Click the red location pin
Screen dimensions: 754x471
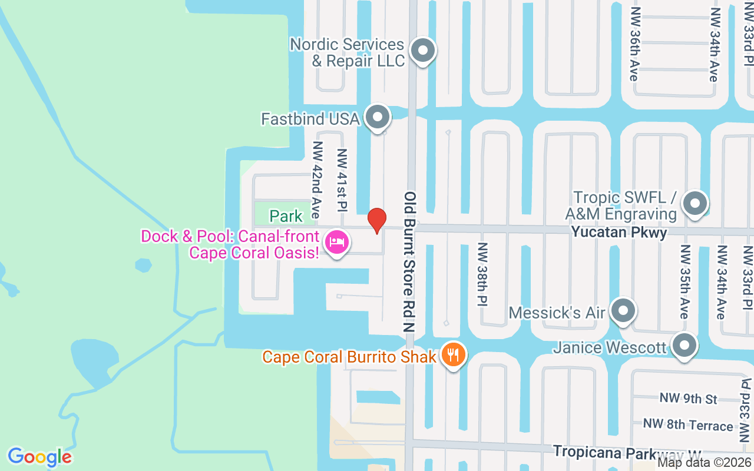[x=377, y=220]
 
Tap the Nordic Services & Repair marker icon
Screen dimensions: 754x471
[x=422, y=51]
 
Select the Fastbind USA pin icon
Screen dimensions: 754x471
[x=378, y=118]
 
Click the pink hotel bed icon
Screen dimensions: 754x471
[x=337, y=241]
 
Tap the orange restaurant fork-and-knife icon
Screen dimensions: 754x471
[x=452, y=355]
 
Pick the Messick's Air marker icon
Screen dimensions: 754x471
[x=623, y=311]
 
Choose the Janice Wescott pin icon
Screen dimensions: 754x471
[x=684, y=346]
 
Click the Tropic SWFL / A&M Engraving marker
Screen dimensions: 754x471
[x=695, y=204]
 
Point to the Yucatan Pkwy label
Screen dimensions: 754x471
[x=619, y=233]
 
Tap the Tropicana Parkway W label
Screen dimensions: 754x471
[x=628, y=452]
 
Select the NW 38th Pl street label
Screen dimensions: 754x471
[x=483, y=274]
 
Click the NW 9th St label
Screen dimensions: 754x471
[x=689, y=399]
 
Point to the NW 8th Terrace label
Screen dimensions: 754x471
[x=688, y=424]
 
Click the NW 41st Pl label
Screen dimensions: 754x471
[x=342, y=180]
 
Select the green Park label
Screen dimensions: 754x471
[x=286, y=216]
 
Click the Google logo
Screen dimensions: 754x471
[x=39, y=457]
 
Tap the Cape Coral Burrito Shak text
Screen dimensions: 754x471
[x=349, y=357]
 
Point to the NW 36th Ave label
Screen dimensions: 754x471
[x=634, y=44]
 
